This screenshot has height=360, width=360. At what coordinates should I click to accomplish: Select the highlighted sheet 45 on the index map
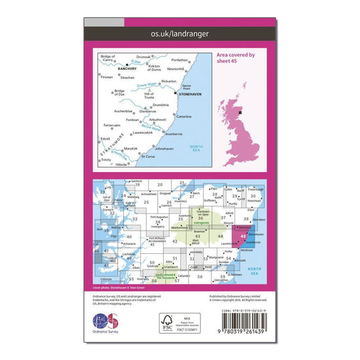pyautogui.click(x=244, y=236)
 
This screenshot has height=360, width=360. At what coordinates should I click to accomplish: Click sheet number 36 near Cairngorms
pyautogui.click(x=200, y=218)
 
